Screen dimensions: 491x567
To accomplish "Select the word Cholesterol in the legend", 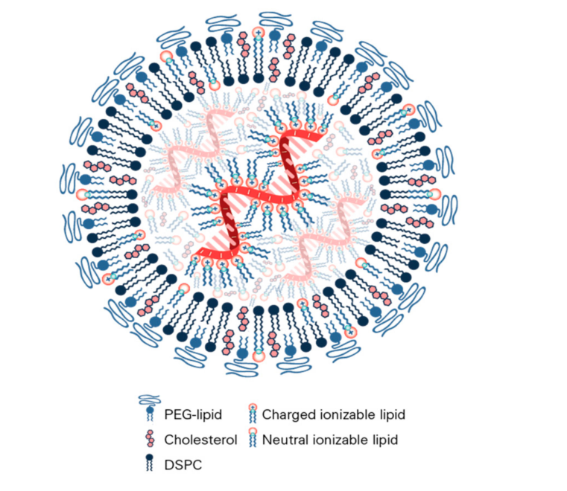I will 200,440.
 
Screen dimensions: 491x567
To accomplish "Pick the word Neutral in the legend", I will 286,440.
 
